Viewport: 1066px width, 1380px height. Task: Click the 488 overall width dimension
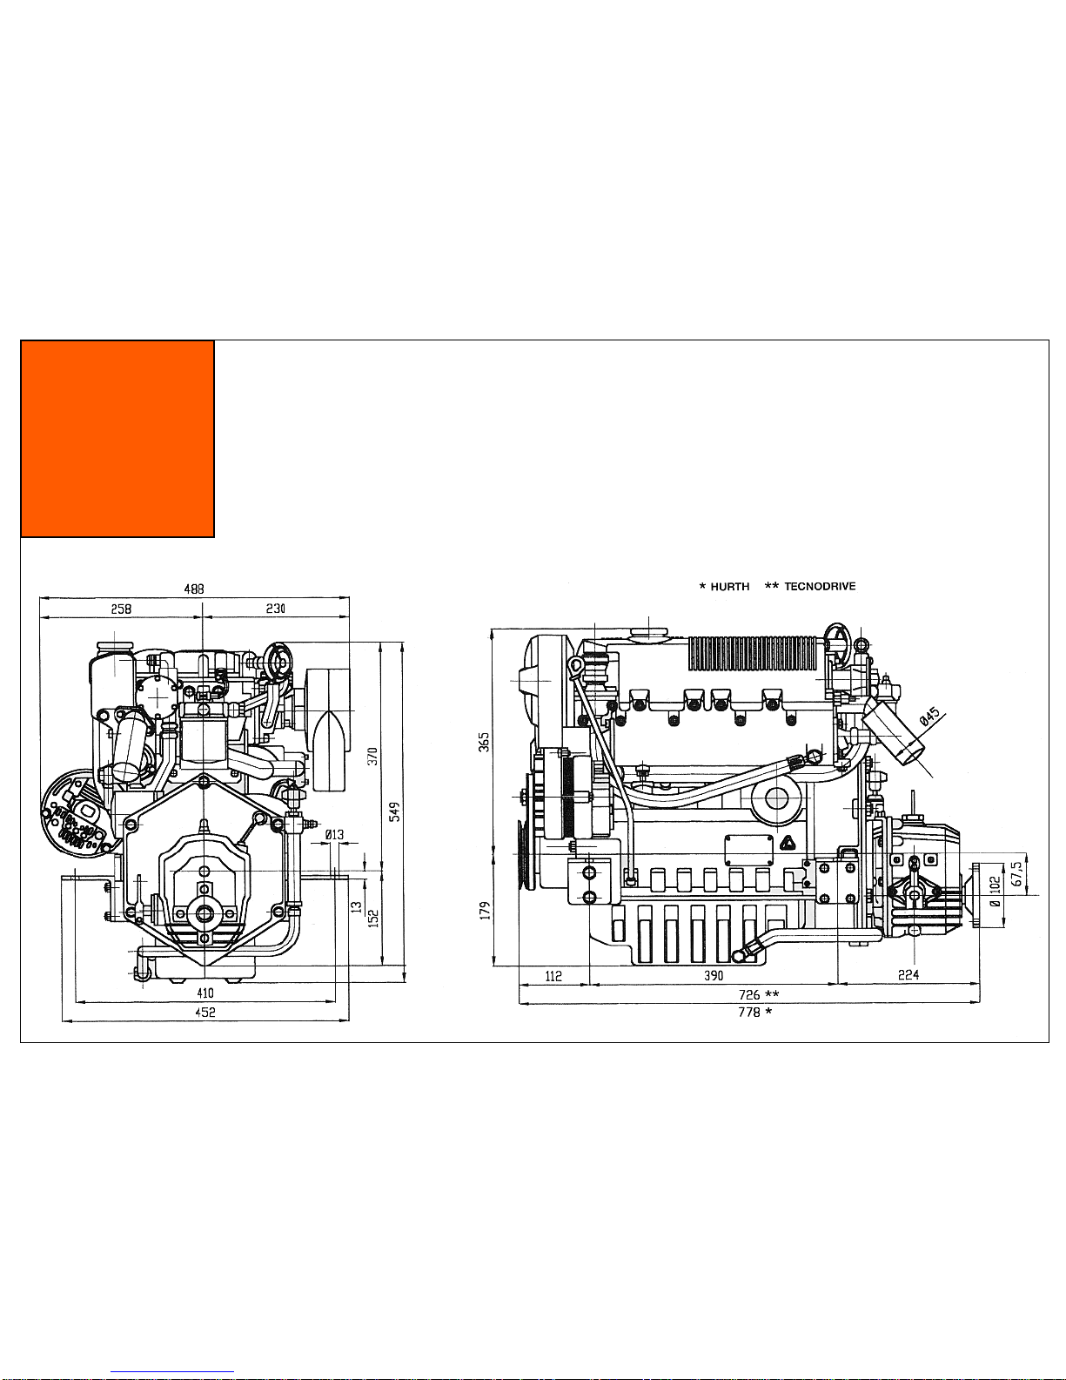(x=194, y=589)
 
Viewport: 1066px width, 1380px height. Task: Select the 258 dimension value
(x=121, y=609)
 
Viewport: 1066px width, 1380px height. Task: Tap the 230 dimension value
(x=275, y=609)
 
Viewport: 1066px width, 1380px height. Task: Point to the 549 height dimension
(x=395, y=811)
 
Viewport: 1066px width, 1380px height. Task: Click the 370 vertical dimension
(x=372, y=757)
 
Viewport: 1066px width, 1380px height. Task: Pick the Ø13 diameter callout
(x=334, y=834)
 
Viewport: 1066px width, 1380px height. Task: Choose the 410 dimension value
(x=205, y=993)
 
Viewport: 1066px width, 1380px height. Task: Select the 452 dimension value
(x=205, y=1013)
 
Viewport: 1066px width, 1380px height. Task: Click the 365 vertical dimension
(x=484, y=742)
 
